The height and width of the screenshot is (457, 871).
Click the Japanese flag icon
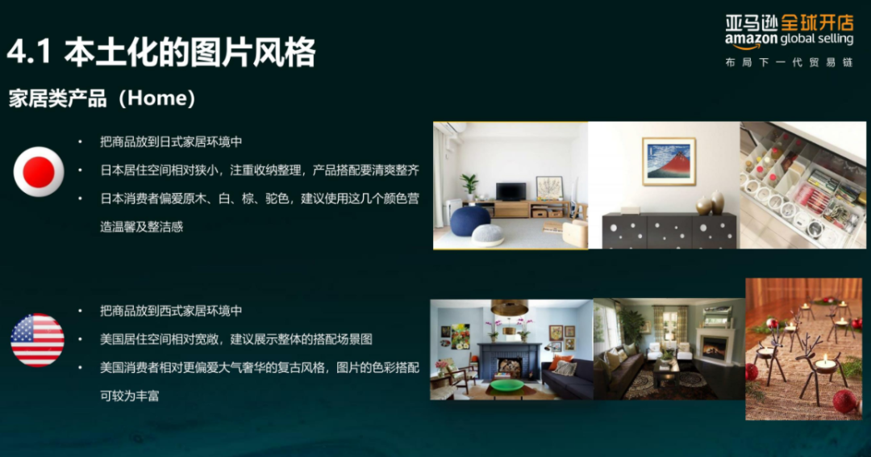[x=39, y=172]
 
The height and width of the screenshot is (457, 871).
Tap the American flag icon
[x=37, y=340]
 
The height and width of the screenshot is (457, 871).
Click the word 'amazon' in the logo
[x=751, y=40]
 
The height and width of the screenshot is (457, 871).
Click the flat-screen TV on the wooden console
[x=511, y=191]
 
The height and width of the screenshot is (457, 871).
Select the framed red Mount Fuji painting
[x=669, y=161]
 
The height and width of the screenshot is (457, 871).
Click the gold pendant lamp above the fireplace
[x=509, y=308]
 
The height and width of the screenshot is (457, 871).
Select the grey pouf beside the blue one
[x=488, y=234]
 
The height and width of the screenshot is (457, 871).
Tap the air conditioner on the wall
[x=452, y=128]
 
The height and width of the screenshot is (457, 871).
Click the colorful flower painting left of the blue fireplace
[x=460, y=336]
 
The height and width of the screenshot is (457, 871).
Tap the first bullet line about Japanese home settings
[x=171, y=141]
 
